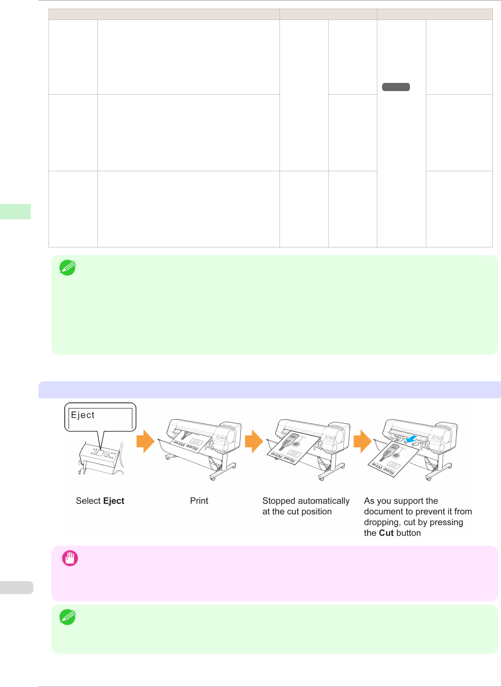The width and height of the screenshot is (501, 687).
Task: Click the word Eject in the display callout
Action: point(83,415)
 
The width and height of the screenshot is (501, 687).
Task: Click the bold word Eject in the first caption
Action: point(114,501)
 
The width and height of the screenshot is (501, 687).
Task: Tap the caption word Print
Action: point(199,501)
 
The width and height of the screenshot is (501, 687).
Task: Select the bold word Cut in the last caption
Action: point(386,533)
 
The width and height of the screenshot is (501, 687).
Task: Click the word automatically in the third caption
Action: point(323,501)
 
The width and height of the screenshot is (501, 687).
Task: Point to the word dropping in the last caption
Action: point(382,522)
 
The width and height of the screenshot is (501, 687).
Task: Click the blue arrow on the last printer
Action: point(411,439)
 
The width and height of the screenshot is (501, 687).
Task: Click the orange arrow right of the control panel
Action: point(145,441)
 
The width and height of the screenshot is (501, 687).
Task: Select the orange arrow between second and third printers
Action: point(254,441)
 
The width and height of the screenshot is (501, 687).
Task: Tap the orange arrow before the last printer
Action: point(362,441)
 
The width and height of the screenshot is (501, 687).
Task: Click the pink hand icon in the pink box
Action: point(70,558)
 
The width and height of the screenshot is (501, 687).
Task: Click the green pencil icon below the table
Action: point(67,268)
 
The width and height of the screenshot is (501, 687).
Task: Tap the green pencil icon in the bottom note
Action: point(67,617)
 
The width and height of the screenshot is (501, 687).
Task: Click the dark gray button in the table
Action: point(396,87)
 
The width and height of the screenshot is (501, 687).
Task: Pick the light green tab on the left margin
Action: point(15,212)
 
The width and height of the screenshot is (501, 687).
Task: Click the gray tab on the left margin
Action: point(16,587)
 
